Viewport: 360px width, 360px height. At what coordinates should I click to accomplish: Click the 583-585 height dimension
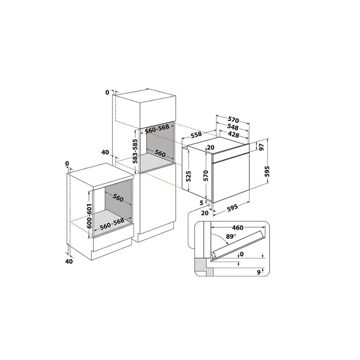[135, 151]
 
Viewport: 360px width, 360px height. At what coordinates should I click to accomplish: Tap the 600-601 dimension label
[89, 216]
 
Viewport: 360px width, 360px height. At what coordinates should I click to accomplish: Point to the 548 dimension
[233, 127]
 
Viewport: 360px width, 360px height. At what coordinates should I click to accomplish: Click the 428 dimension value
[233, 134]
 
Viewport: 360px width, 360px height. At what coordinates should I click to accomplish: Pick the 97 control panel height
[262, 147]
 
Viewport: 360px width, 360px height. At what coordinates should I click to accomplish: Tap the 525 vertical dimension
[189, 176]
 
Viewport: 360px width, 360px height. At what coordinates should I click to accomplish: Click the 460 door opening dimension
[238, 228]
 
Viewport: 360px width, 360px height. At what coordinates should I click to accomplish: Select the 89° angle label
[231, 236]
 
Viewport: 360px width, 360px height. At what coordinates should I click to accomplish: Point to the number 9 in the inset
[259, 272]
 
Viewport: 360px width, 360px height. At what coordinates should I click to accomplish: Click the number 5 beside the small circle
[202, 203]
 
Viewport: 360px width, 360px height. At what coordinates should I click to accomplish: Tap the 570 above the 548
[233, 120]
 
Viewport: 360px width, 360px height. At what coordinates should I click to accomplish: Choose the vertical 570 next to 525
[206, 175]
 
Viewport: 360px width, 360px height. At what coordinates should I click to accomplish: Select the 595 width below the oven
[232, 208]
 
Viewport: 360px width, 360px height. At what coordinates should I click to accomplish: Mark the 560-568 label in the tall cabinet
[157, 129]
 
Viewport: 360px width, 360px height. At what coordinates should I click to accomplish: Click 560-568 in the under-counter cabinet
[112, 224]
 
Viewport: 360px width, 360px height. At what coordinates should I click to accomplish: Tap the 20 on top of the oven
[210, 148]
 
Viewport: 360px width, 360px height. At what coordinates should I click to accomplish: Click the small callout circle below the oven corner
[209, 205]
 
